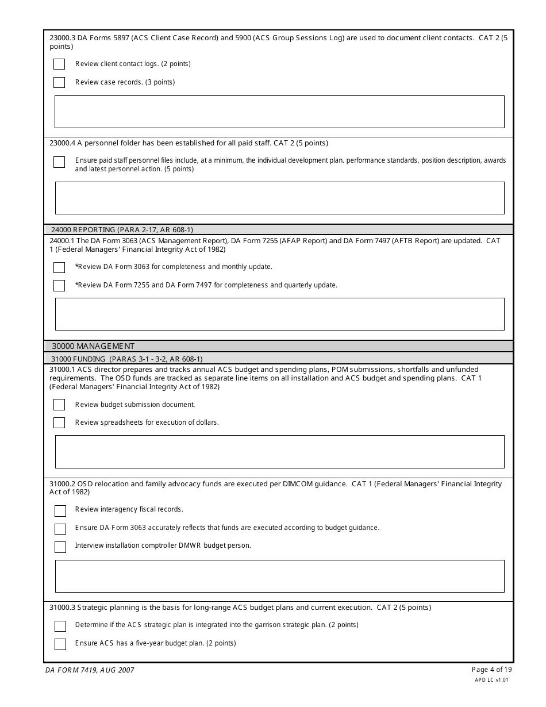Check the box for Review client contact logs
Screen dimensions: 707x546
59,64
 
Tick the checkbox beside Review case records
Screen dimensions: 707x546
59,82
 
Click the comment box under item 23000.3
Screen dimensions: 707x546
279,112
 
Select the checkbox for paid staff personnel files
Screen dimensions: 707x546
59,162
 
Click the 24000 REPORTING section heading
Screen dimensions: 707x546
122,229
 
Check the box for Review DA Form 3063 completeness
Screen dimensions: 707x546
59,267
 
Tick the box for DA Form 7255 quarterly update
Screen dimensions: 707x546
59,285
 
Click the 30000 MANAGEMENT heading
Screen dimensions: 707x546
93,346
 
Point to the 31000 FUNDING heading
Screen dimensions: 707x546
126,359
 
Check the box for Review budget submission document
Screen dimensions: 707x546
59,405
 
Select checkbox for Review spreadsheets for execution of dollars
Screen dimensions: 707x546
59,422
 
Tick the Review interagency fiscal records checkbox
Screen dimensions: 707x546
60,510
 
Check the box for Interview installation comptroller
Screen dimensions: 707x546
60,547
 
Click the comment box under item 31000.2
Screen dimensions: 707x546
279,576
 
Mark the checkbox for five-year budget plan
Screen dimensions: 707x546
60,644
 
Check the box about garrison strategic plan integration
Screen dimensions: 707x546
60,626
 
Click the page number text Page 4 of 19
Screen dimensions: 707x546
491,669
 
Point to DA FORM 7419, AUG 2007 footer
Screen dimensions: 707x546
90,670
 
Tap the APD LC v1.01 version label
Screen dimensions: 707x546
491,679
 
